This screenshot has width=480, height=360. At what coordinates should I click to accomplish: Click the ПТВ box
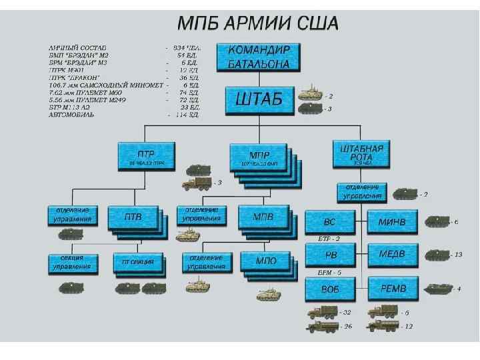click(133, 218)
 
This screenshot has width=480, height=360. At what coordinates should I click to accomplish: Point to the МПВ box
click(265, 218)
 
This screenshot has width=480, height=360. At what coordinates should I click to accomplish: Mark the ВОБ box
click(329, 289)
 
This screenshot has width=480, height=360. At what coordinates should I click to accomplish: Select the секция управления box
click(72, 263)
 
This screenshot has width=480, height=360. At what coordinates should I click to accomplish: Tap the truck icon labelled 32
click(323, 311)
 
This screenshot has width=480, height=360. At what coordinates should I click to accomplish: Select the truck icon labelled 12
click(383, 326)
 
